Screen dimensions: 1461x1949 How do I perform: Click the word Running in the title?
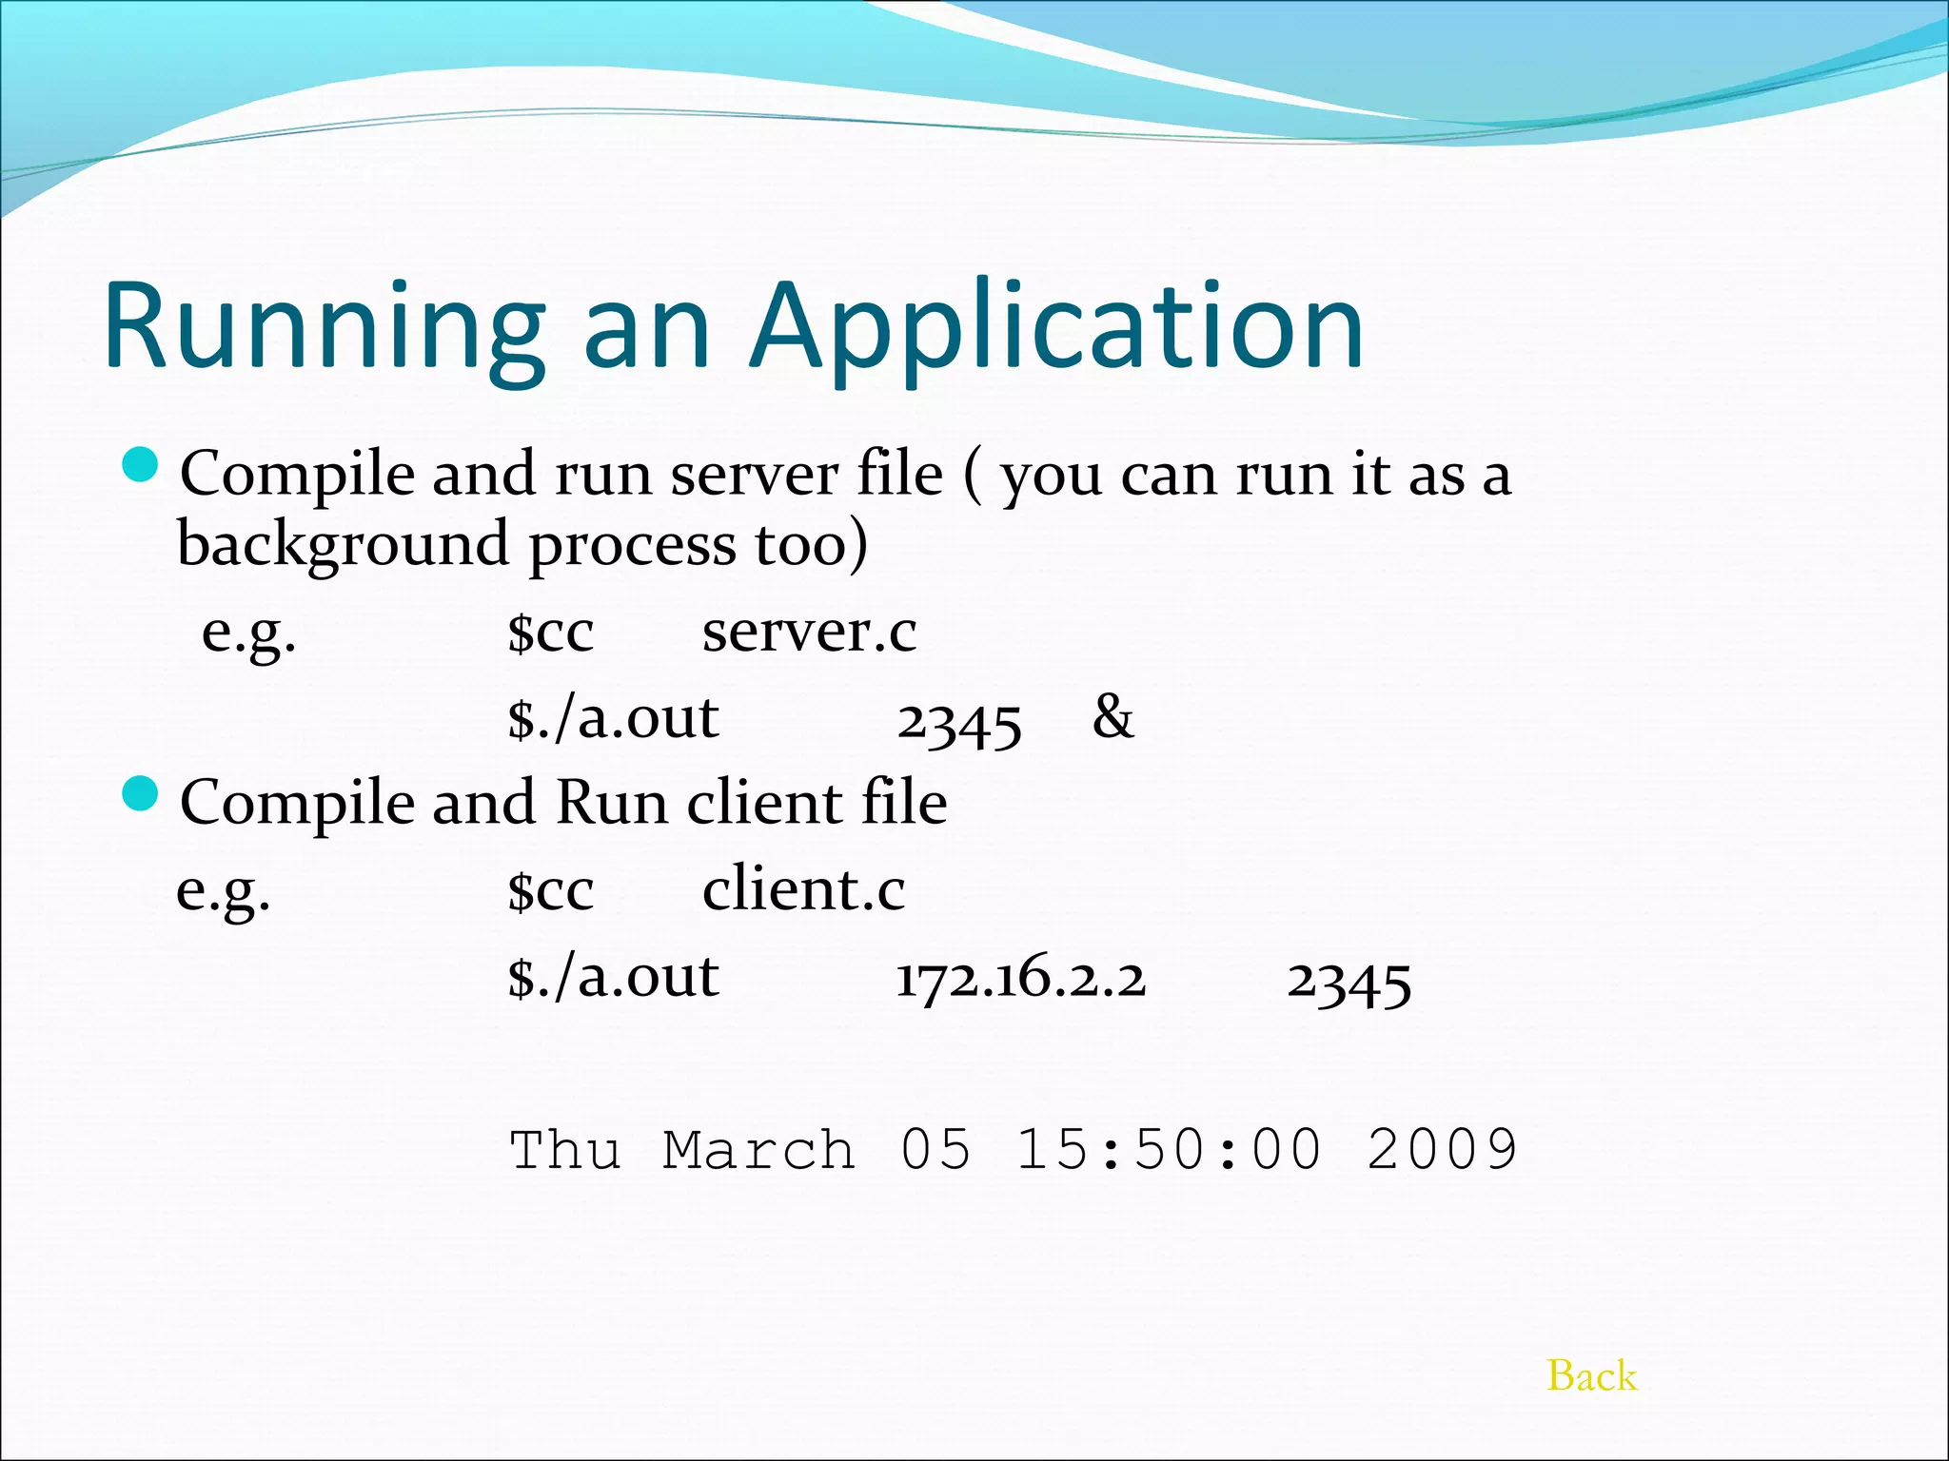click(325, 326)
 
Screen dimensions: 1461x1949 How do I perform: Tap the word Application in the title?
click(1056, 326)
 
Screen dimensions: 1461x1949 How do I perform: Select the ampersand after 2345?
click(1112, 716)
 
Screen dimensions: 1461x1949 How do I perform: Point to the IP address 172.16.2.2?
click(1021, 979)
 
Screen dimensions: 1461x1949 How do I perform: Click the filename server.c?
click(809, 631)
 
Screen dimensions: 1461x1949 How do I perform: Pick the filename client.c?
click(803, 889)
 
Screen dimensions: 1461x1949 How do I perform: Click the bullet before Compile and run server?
click(142, 465)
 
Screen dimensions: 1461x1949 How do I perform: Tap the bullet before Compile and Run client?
click(142, 794)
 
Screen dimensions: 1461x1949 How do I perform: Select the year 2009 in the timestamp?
click(1441, 1150)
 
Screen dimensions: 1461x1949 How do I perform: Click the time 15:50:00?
click(1169, 1150)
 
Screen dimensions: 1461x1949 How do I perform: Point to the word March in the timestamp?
click(758, 1150)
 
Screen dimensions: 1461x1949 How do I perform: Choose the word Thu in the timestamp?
click(565, 1150)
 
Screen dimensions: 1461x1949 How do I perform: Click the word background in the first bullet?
click(343, 545)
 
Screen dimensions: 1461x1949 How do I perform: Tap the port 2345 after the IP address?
click(1349, 982)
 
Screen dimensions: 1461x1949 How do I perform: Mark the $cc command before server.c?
click(550, 633)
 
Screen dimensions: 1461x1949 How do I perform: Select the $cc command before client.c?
click(550, 891)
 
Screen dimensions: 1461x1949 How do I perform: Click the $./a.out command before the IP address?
click(613, 977)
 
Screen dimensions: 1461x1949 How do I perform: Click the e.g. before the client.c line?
click(224, 891)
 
